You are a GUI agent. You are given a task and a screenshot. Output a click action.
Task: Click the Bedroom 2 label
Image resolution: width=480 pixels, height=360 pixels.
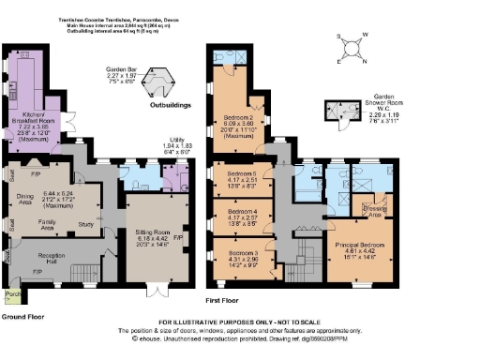click(x=238, y=93)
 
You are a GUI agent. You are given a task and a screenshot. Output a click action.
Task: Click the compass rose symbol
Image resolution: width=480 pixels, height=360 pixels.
click(x=351, y=46)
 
